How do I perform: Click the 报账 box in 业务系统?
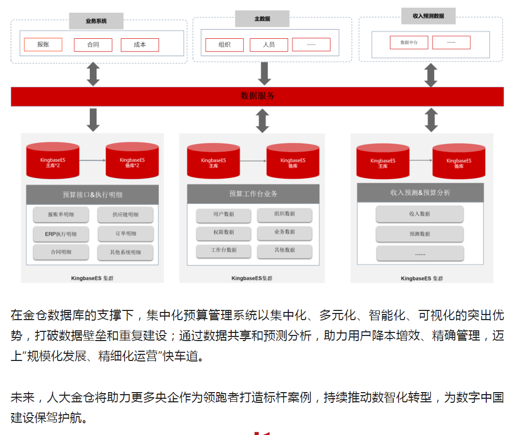(x=43, y=44)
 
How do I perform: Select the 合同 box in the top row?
(x=93, y=44)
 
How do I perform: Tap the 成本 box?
(x=140, y=44)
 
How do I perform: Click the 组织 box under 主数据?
(x=224, y=44)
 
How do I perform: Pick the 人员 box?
(x=269, y=44)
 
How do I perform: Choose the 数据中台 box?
(x=409, y=42)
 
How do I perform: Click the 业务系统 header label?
(x=96, y=21)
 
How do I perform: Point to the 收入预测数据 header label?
(x=428, y=16)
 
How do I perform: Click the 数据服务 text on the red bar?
(x=258, y=96)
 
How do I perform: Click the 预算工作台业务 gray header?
(x=253, y=194)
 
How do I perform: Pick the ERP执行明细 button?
(x=61, y=234)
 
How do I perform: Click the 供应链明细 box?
(x=126, y=215)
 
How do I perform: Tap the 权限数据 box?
(x=223, y=232)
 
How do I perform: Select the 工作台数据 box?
(x=223, y=250)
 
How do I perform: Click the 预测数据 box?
(x=419, y=234)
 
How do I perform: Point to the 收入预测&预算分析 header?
(x=420, y=192)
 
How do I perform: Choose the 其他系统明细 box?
(x=126, y=252)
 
